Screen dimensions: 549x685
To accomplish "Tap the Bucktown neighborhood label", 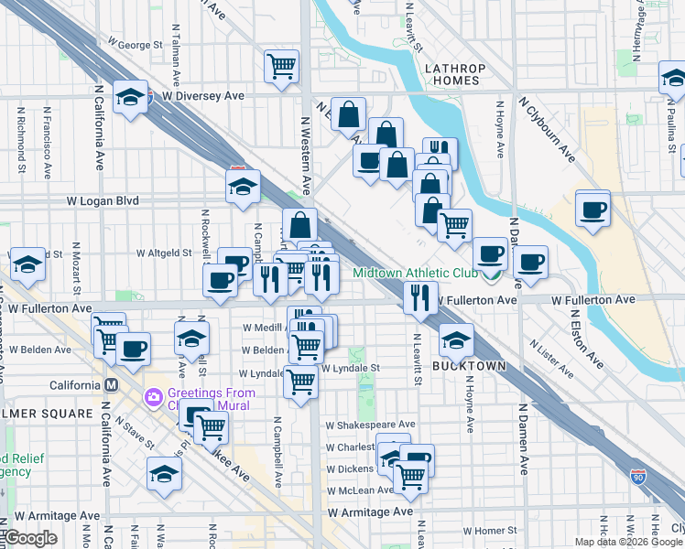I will pyautogui.click(x=469, y=365).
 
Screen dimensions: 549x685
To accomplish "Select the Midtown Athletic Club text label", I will pyautogui.click(x=416, y=273).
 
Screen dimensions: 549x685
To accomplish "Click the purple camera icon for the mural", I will pyautogui.click(x=152, y=398).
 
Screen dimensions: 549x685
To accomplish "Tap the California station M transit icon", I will pyautogui.click(x=112, y=385).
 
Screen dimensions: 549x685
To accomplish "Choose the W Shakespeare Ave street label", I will pyautogui.click(x=370, y=425).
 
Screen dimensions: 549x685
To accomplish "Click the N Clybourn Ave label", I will pyautogui.click(x=548, y=130).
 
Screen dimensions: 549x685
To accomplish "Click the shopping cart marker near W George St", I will pyautogui.click(x=281, y=65).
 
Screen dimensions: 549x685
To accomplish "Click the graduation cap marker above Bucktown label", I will pyautogui.click(x=456, y=339).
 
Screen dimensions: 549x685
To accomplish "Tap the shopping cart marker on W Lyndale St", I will pyautogui.click(x=300, y=382).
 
